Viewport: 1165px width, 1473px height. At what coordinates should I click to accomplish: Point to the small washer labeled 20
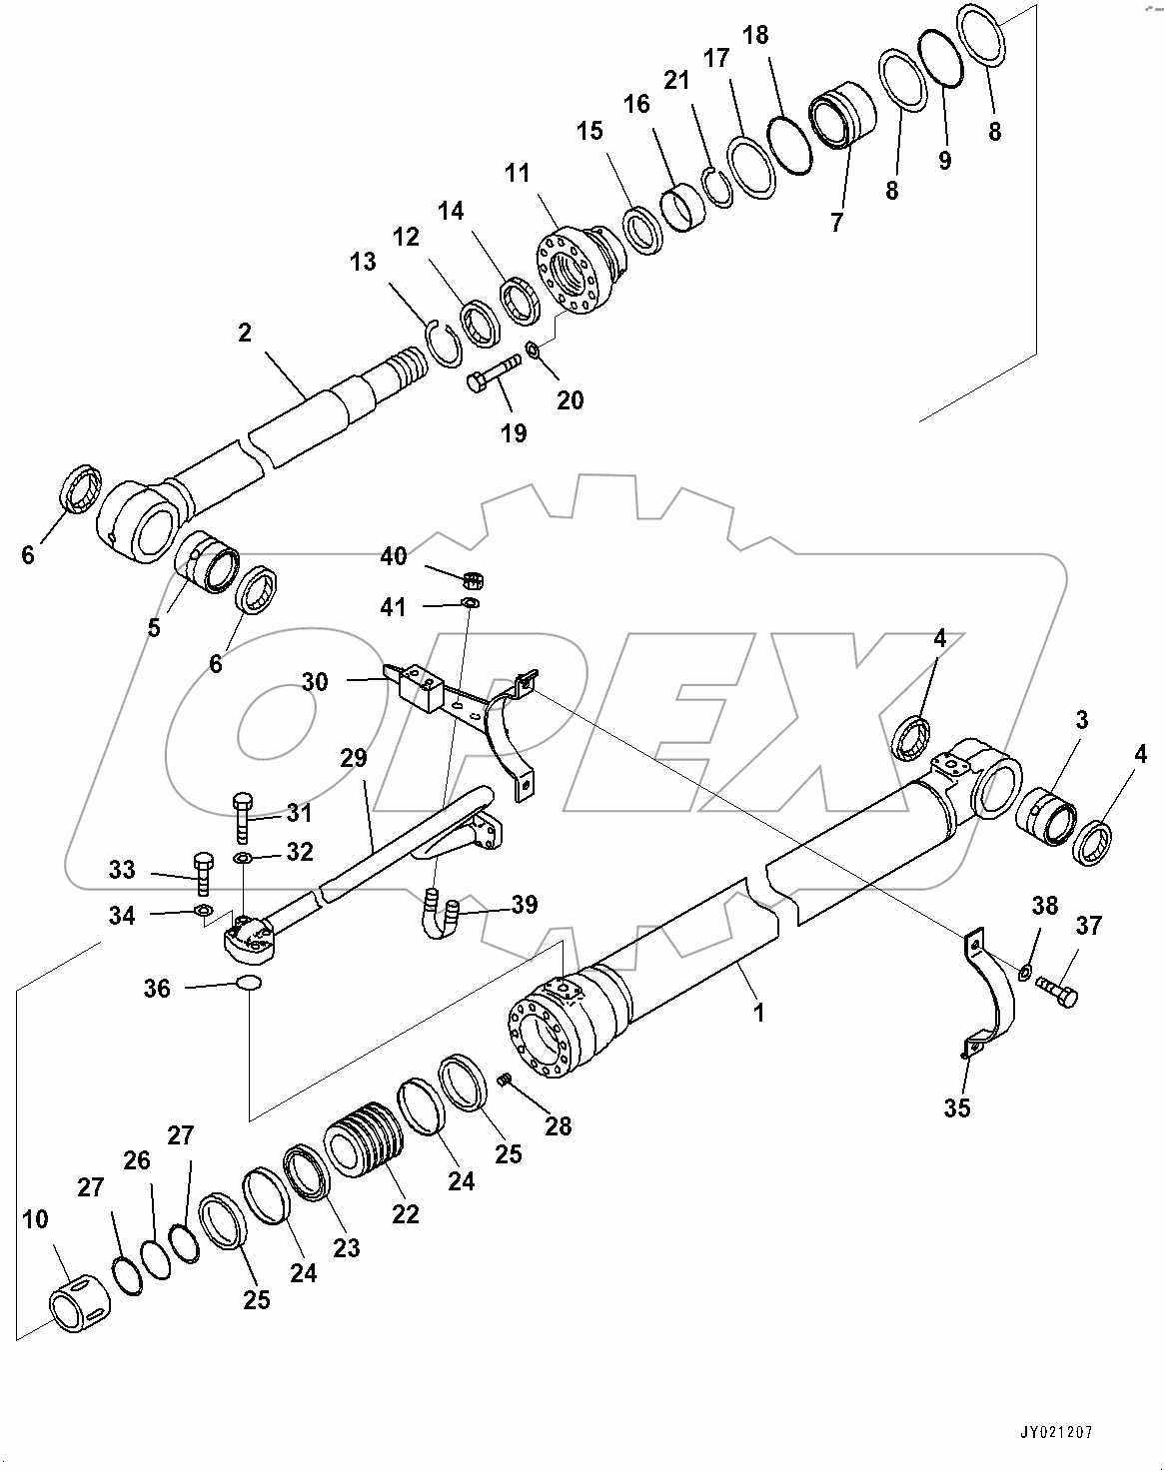point(533,351)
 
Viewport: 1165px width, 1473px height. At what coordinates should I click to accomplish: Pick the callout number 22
point(405,1214)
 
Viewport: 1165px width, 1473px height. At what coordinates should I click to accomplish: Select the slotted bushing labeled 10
point(76,1300)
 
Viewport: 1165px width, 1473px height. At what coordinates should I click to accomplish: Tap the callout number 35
point(956,1107)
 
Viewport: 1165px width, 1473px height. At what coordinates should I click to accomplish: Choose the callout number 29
point(353,758)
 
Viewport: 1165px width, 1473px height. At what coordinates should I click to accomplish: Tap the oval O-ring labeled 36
point(249,984)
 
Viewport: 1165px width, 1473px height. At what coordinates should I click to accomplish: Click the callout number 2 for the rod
point(245,333)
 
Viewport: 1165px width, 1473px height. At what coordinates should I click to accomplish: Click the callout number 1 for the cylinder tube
point(758,1012)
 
